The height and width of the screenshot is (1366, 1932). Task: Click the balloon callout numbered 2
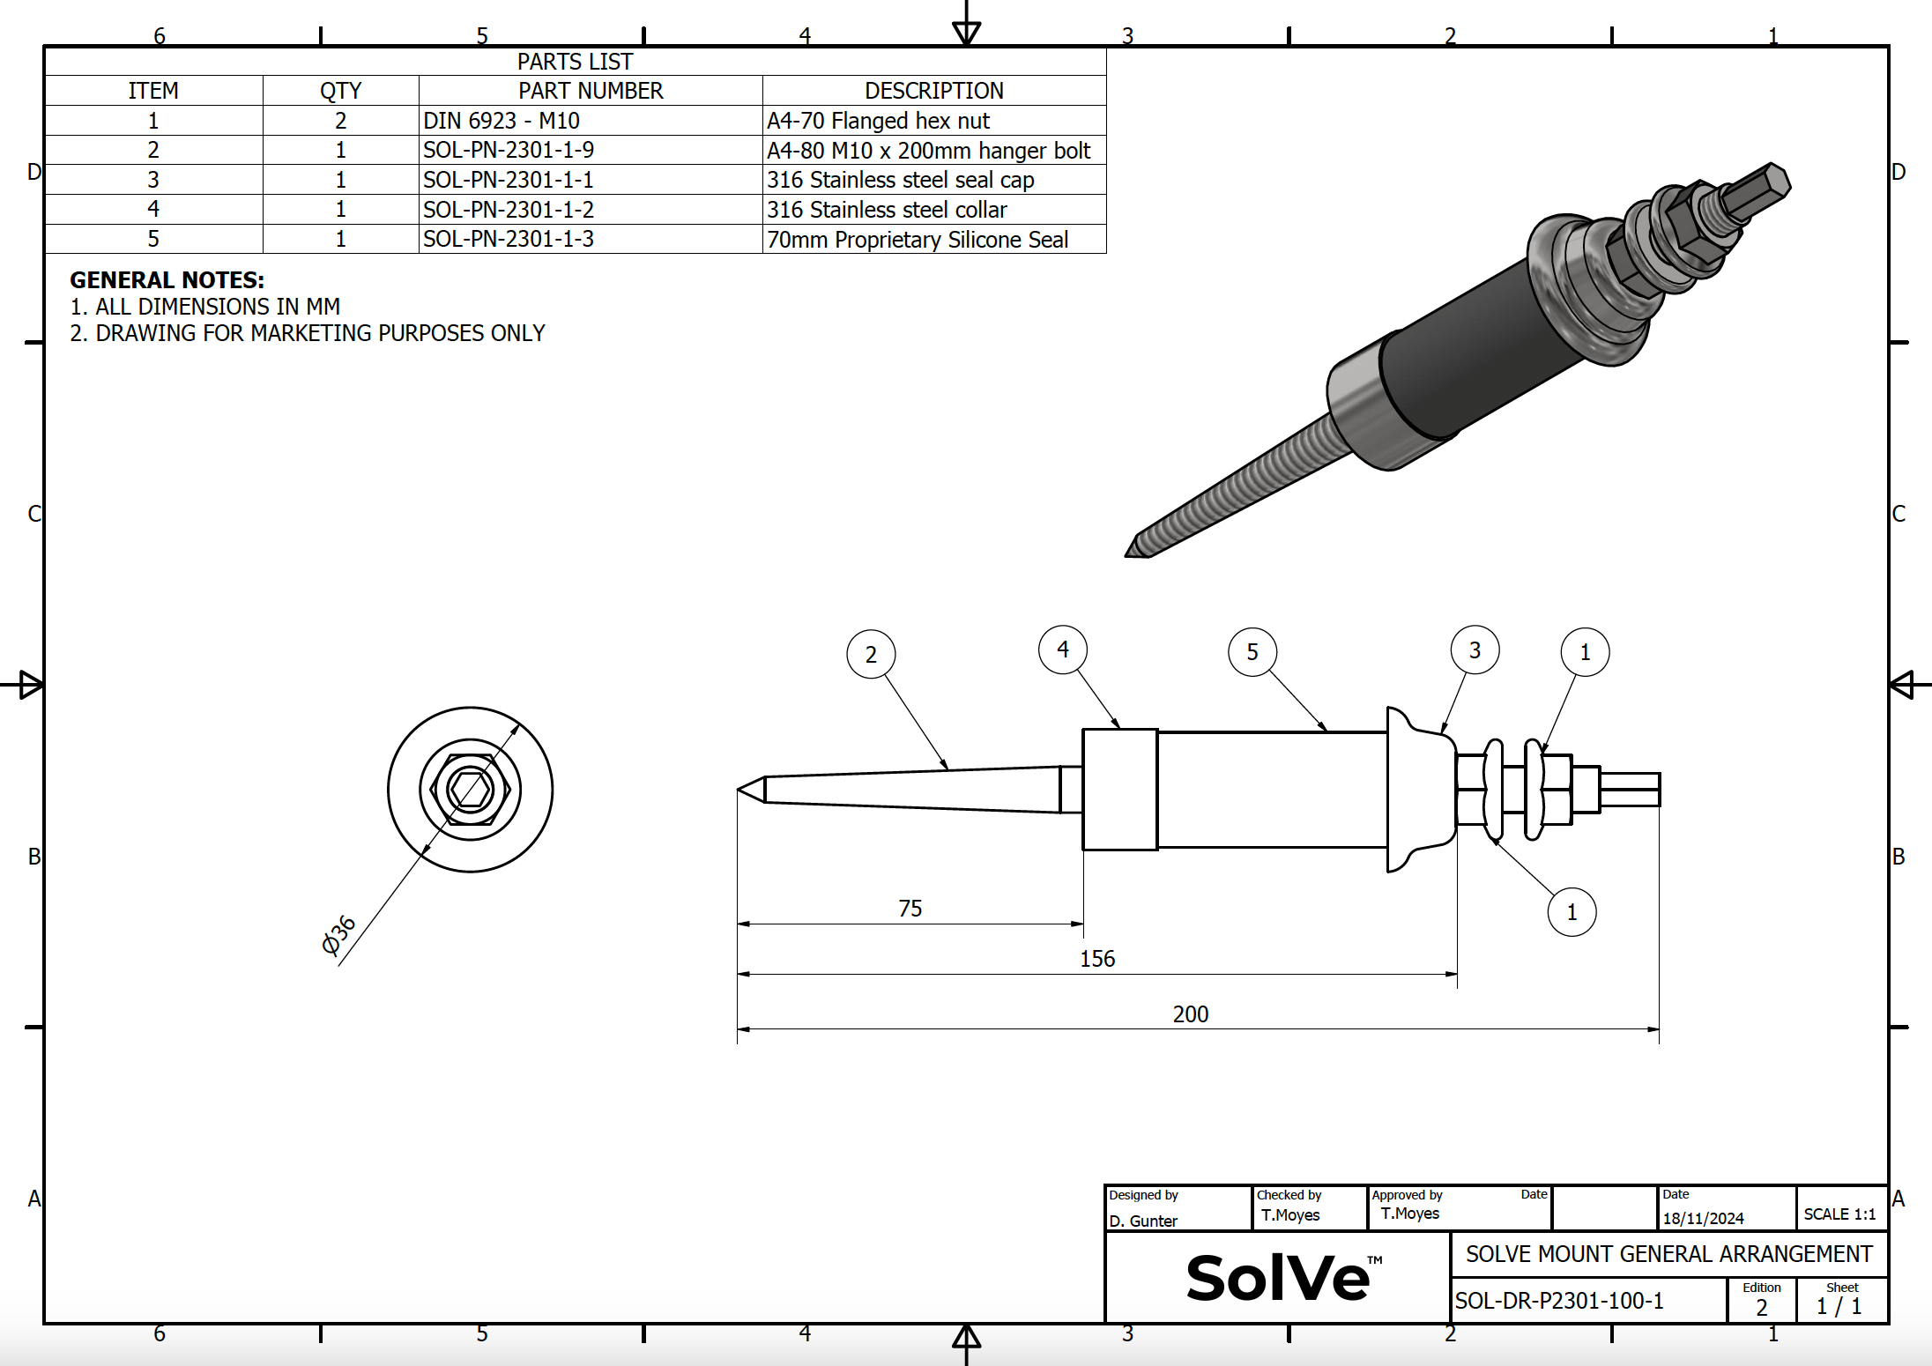click(x=871, y=654)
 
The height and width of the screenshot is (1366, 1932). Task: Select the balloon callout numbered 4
click(x=1063, y=650)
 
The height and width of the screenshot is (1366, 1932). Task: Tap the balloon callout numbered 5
click(x=1252, y=652)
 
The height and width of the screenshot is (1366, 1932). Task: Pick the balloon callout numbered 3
click(x=1475, y=650)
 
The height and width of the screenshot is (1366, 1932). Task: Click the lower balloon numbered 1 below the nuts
click(x=1572, y=912)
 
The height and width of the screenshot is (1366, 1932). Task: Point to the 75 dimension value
click(x=910, y=909)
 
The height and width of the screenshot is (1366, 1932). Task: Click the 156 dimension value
click(x=1097, y=959)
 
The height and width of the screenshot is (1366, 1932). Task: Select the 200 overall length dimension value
click(x=1190, y=1014)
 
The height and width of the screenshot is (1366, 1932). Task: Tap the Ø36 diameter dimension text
click(x=338, y=935)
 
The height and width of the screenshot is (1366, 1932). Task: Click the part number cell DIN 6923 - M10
click(x=502, y=121)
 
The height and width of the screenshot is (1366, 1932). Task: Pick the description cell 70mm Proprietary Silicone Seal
click(x=917, y=240)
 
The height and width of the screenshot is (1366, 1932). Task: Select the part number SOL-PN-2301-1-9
click(x=509, y=150)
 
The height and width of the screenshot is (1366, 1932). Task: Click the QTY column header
click(x=340, y=91)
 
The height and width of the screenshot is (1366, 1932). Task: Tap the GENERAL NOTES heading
click(x=167, y=280)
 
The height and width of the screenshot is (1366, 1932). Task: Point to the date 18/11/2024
click(x=1703, y=1219)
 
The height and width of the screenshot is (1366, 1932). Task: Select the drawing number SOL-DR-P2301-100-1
click(x=1558, y=1301)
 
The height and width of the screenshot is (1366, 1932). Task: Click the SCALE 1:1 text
click(x=1839, y=1214)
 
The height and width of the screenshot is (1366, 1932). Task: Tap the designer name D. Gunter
click(x=1143, y=1221)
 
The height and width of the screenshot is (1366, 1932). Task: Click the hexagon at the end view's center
click(x=470, y=790)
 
